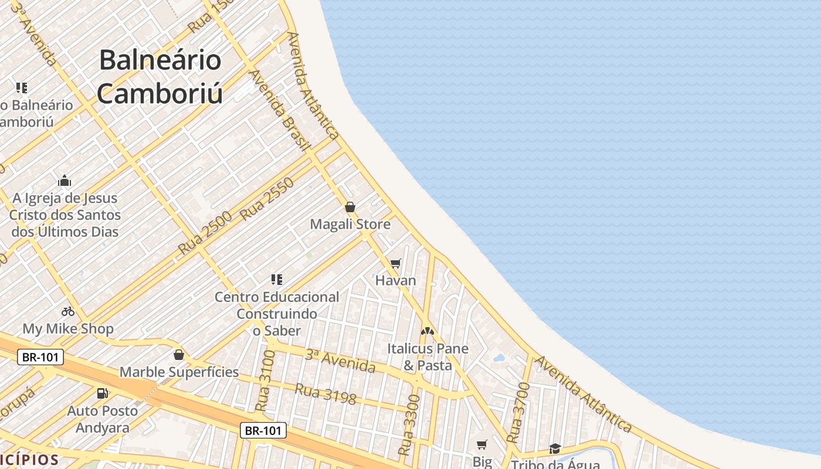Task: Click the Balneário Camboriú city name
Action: pos(160,77)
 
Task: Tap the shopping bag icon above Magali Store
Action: pos(350,207)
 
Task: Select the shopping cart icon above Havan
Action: pos(396,264)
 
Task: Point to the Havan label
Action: pos(396,280)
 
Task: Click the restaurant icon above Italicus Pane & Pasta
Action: pos(428,331)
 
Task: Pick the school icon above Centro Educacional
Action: pos(277,280)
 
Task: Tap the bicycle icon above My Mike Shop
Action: pos(68,311)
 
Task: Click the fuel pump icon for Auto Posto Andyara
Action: pos(103,393)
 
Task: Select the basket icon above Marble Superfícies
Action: pos(179,355)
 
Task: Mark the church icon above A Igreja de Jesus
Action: pos(65,181)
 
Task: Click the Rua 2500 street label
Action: pos(205,232)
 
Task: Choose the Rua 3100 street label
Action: pos(266,381)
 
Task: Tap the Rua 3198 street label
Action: pos(325,393)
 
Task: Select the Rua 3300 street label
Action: pos(409,425)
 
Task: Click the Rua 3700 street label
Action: pos(518,412)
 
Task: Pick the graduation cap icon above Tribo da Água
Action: pos(555,449)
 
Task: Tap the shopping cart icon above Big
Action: pos(482,445)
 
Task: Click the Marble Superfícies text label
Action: pos(179,372)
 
